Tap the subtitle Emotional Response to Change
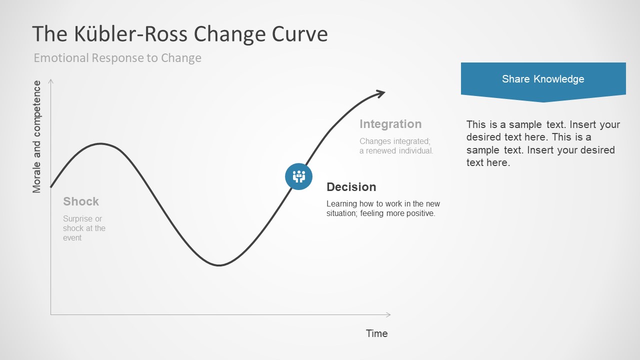point(117,58)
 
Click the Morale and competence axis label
point(37,136)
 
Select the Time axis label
point(376,333)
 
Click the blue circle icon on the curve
point(298,176)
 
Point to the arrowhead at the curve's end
point(382,92)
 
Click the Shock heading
point(81,201)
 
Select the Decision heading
point(351,187)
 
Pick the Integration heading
point(390,124)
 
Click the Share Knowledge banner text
point(543,79)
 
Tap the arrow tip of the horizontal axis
point(389,314)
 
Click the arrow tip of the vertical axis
point(50,80)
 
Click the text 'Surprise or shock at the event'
point(84,228)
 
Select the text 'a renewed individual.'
point(396,150)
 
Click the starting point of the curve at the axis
point(51,187)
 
